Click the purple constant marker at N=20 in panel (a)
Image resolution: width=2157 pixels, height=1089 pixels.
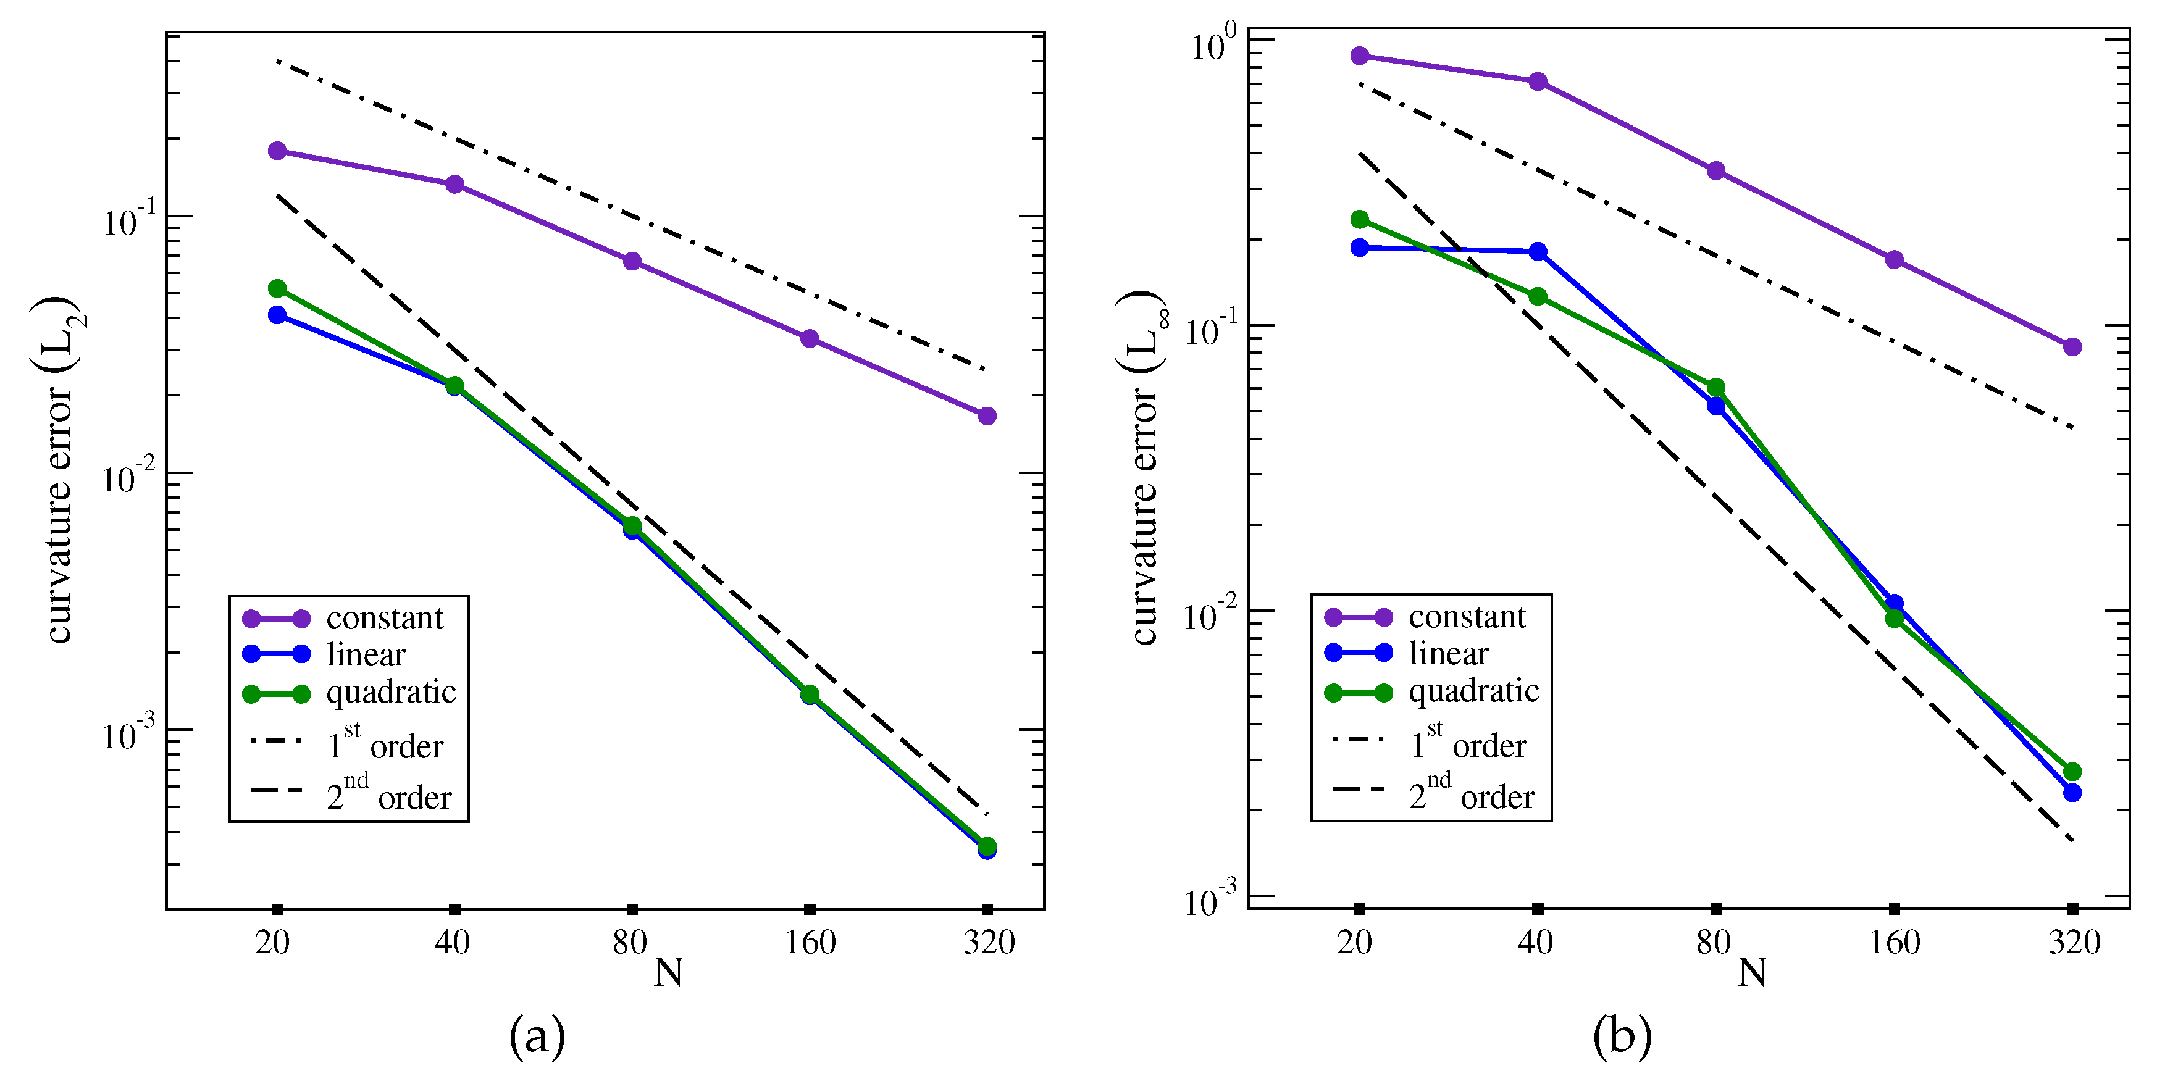pyautogui.click(x=277, y=151)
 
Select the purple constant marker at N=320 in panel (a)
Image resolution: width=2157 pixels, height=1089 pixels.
pyautogui.click(x=987, y=416)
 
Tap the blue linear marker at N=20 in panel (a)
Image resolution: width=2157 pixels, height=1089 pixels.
pyautogui.click(x=277, y=315)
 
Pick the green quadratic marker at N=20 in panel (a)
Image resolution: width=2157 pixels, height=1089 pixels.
pyautogui.click(x=277, y=289)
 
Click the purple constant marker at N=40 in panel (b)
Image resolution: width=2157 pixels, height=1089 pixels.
pyautogui.click(x=1538, y=81)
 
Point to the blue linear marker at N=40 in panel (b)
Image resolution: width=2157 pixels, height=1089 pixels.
pyautogui.click(x=1538, y=251)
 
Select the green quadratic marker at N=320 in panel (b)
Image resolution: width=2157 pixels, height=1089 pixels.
pyautogui.click(x=2072, y=772)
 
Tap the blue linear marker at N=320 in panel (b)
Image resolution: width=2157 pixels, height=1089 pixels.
pyautogui.click(x=2072, y=793)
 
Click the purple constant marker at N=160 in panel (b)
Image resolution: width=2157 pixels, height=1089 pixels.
pyautogui.click(x=1894, y=259)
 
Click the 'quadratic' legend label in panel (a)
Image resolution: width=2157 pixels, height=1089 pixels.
pyautogui.click(x=391, y=692)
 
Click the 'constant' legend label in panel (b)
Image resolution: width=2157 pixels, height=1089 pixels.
pyautogui.click(x=1467, y=617)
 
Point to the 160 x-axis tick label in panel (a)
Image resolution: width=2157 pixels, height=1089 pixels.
pyautogui.click(x=810, y=943)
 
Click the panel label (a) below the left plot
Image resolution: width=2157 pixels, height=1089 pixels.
pyautogui.click(x=537, y=1037)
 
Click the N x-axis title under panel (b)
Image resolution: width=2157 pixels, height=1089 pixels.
pyautogui.click(x=1752, y=973)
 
